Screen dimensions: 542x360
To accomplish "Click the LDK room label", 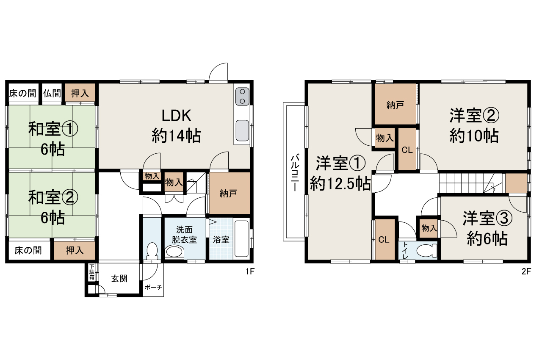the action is pyautogui.click(x=176, y=116).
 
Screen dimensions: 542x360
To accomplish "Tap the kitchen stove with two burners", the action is pyautogui.click(x=242, y=97).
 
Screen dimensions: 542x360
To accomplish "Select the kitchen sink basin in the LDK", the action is pyautogui.click(x=242, y=130).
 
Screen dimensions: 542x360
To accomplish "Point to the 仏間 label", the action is pyautogui.click(x=52, y=93).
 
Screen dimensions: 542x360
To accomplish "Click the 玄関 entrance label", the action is pyautogui.click(x=119, y=278).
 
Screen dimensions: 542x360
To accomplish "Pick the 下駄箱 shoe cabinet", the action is pyautogui.click(x=92, y=272).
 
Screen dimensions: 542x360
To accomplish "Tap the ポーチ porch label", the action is pyautogui.click(x=153, y=288).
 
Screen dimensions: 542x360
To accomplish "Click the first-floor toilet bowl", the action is pyautogui.click(x=152, y=251).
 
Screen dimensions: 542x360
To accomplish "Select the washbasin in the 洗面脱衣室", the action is pyautogui.click(x=174, y=252).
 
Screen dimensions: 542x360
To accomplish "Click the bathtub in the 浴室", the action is pyautogui.click(x=241, y=238).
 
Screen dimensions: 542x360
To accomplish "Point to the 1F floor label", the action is pyautogui.click(x=250, y=271).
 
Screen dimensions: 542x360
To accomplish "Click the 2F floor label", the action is pyautogui.click(x=526, y=271).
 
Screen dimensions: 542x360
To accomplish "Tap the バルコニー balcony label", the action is pyautogui.click(x=295, y=173).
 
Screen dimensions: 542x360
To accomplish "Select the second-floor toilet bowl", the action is pyautogui.click(x=427, y=251).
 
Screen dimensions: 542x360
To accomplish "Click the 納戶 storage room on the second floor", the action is pyautogui.click(x=395, y=104).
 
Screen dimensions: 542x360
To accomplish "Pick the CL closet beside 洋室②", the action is pyautogui.click(x=407, y=149).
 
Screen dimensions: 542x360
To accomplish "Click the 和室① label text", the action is pyautogui.click(x=53, y=129).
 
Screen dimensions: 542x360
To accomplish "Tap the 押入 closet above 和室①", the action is pyautogui.click(x=80, y=93).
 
